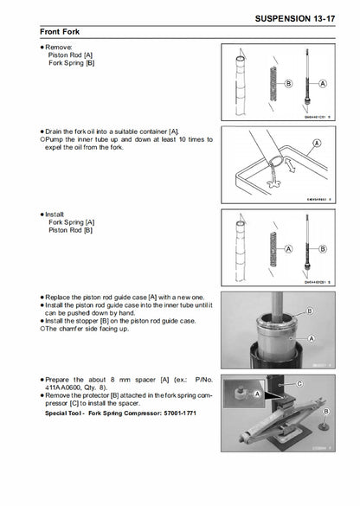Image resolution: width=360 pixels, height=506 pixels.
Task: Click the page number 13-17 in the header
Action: (331, 16)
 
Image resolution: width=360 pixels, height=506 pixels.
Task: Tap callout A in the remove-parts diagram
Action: (322, 84)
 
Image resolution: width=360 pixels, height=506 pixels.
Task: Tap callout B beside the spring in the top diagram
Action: (287, 84)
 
